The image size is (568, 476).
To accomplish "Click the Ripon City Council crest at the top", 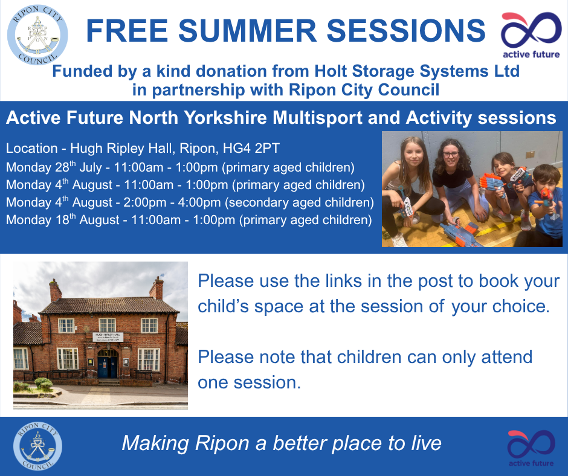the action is tap(37, 35).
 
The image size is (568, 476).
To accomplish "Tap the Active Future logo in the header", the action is tap(531, 35).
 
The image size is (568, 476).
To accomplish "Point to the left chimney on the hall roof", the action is tap(55, 290).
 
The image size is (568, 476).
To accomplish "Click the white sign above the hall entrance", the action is tap(108, 337).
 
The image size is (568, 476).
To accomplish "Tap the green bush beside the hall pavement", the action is tap(44, 383).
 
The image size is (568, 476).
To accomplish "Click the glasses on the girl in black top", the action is tap(451, 154).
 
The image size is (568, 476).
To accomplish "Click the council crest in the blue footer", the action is tap(37, 446).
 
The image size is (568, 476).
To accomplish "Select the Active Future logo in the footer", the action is tap(531, 448).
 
